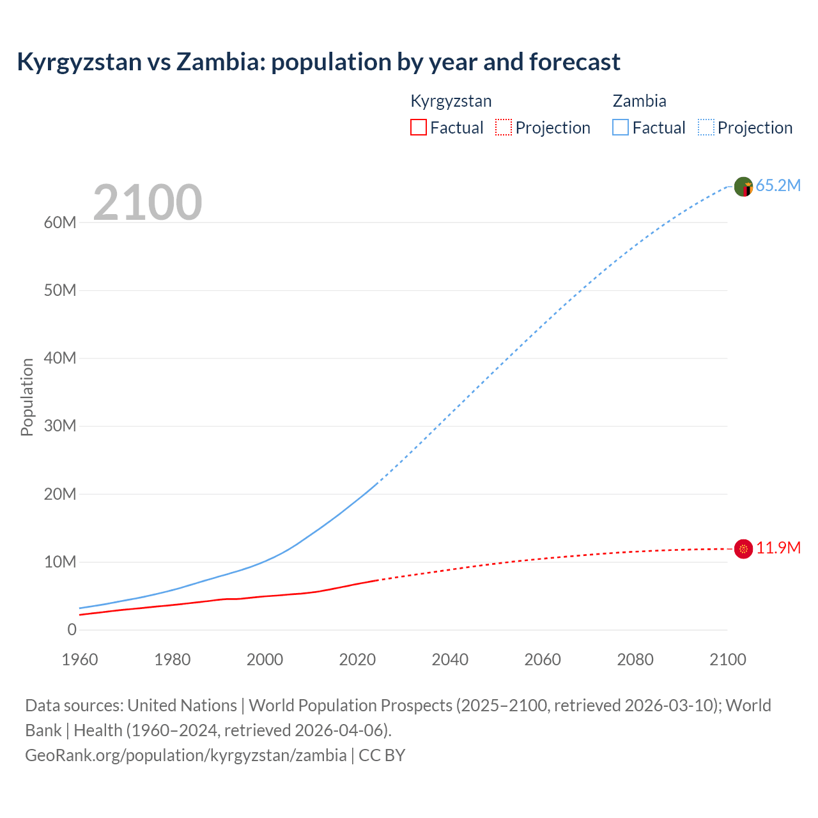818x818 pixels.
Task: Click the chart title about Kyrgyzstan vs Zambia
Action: (318, 62)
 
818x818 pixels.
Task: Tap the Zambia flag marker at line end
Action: (743, 187)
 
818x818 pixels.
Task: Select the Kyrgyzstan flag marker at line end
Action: (743, 548)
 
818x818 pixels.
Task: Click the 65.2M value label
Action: (778, 186)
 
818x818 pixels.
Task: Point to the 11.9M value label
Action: (778, 548)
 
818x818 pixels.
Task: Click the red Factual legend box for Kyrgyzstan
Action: (418, 127)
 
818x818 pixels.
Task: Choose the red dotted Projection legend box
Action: (504, 127)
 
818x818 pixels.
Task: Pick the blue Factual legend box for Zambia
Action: (621, 127)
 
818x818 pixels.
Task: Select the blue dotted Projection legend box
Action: (706, 127)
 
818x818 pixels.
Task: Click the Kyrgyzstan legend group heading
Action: (451, 101)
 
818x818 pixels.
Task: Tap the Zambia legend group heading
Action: (639, 101)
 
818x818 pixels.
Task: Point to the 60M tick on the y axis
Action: (60, 222)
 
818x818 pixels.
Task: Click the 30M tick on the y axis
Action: (60, 426)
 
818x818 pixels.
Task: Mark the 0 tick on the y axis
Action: (72, 629)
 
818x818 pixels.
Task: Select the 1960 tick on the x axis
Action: (80, 660)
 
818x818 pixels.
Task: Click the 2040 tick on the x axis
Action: (450, 660)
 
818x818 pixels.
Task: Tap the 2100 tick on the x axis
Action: (727, 660)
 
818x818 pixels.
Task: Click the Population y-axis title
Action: (27, 397)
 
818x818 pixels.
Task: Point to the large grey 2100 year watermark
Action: (148, 203)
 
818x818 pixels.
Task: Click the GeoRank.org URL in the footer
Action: (186, 755)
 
